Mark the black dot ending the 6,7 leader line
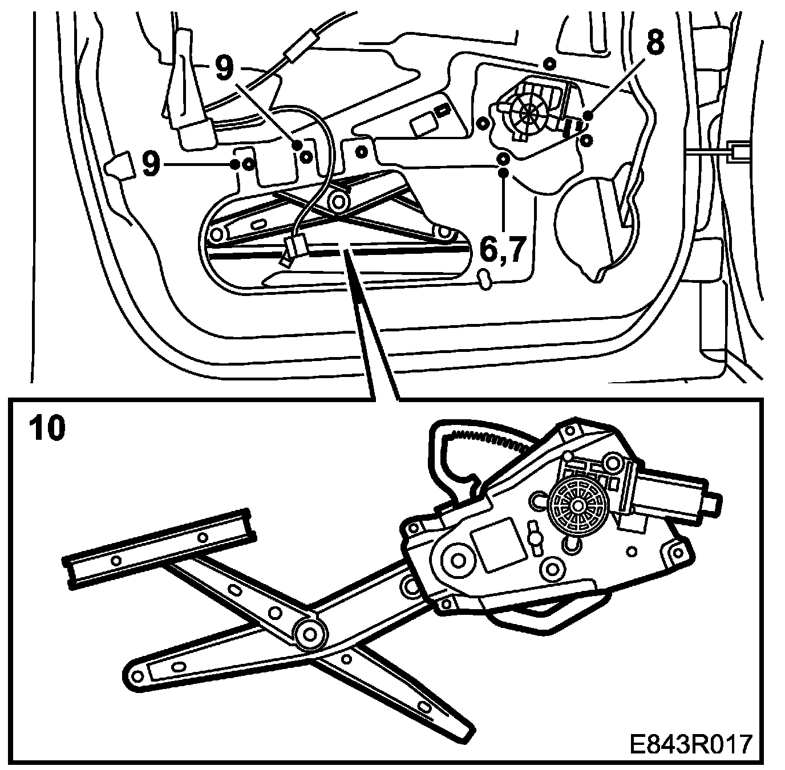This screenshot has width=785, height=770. point(503,172)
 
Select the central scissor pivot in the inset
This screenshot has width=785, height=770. point(310,633)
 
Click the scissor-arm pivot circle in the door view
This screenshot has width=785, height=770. point(340,200)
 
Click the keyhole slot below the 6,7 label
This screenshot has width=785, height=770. point(484,279)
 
